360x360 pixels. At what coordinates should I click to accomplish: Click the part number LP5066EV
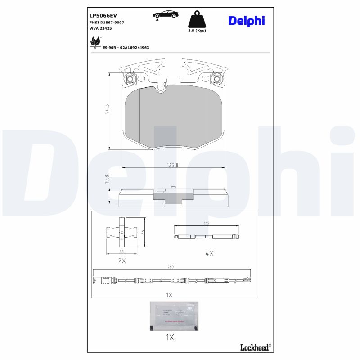point(103,15)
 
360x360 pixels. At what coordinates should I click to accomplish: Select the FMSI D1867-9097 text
point(107,22)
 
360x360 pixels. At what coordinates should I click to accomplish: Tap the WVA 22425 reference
point(100,28)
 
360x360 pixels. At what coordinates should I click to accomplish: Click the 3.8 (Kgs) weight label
point(197,31)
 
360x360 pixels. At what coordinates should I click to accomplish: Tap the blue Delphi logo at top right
point(246,20)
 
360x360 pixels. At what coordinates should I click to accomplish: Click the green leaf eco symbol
point(95,42)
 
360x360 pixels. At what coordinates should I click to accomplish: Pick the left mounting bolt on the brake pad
point(130,80)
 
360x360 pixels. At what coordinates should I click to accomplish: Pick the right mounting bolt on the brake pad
point(216,80)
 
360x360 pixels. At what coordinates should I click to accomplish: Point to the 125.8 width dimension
point(173,165)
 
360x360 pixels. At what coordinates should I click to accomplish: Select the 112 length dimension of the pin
point(207,223)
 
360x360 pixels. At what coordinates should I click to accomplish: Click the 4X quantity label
point(209,253)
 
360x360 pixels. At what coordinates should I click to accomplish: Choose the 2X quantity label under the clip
point(121,261)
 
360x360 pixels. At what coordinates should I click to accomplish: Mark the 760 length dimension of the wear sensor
point(171,267)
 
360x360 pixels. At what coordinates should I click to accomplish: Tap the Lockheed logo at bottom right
point(255,346)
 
